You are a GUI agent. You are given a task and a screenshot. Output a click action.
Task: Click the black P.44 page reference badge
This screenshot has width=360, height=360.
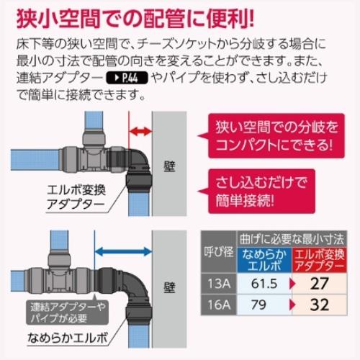[x=127, y=78]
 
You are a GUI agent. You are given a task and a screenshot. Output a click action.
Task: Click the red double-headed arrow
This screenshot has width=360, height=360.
[x=140, y=131]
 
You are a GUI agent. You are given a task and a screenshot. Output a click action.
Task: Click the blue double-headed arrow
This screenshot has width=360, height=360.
[x=123, y=252]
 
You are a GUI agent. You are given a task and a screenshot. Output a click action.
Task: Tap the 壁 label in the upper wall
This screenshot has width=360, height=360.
[x=169, y=166]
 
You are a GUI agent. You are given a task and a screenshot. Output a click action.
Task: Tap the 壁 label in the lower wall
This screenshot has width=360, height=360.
[x=169, y=287]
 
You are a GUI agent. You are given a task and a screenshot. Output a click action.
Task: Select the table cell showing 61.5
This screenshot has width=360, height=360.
[x=264, y=284]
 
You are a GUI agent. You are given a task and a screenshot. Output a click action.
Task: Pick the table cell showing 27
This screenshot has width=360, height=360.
[x=319, y=284]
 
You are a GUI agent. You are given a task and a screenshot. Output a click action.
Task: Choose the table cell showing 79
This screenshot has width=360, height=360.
[x=264, y=305]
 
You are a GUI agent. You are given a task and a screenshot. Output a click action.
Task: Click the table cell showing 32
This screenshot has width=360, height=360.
[x=319, y=305]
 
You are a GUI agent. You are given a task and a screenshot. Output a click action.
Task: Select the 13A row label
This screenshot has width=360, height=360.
[x=219, y=284]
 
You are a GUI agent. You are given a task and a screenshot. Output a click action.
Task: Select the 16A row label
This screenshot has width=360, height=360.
[x=219, y=305]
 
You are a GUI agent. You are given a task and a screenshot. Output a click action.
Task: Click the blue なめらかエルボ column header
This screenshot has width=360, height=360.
[x=264, y=260]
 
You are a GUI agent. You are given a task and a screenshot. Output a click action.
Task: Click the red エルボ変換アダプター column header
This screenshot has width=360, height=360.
[x=319, y=260]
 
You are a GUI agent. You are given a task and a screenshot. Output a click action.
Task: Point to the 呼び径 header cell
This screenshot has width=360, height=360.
[x=219, y=252]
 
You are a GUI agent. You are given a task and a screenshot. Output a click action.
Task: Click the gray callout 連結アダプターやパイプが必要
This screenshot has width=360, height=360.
[x=67, y=312]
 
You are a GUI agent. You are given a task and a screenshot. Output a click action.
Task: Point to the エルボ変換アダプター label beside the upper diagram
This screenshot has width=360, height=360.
[x=76, y=197]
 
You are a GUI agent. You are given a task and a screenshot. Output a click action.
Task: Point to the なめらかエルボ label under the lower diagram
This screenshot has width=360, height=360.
[x=68, y=338]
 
